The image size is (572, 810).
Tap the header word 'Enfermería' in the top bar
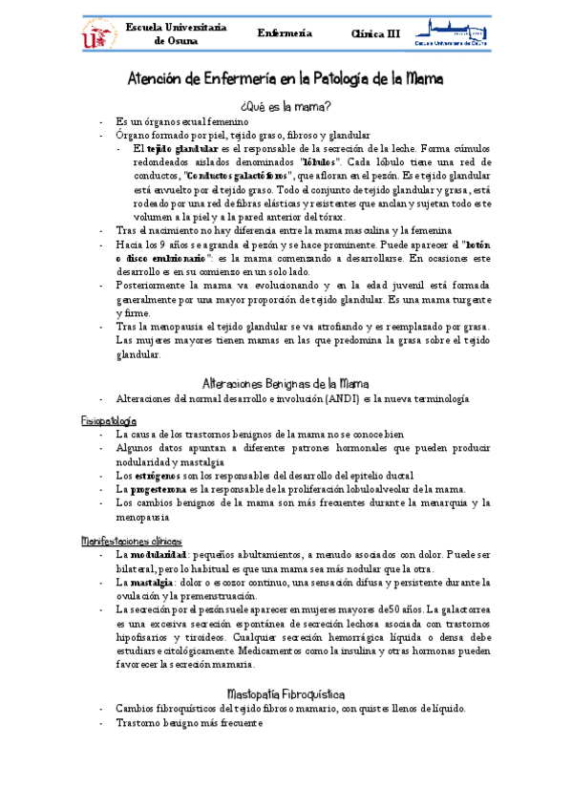coord(286,33)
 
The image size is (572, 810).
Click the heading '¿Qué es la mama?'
coord(286,106)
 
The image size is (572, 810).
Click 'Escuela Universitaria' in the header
coord(177,28)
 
